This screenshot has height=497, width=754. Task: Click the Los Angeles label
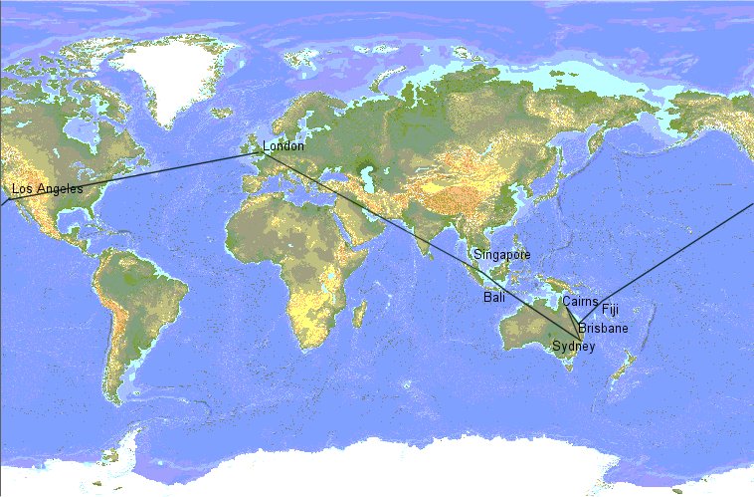(x=48, y=189)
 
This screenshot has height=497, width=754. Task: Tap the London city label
(x=283, y=147)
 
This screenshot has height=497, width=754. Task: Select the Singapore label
(x=502, y=255)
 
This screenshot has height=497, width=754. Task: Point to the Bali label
(x=494, y=298)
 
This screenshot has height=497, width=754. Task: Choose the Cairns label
(x=580, y=300)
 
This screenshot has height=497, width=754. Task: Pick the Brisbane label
(x=603, y=329)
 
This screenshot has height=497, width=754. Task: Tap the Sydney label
(x=574, y=346)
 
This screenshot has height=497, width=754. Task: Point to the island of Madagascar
(x=356, y=314)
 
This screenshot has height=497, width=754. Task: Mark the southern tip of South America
(x=121, y=398)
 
